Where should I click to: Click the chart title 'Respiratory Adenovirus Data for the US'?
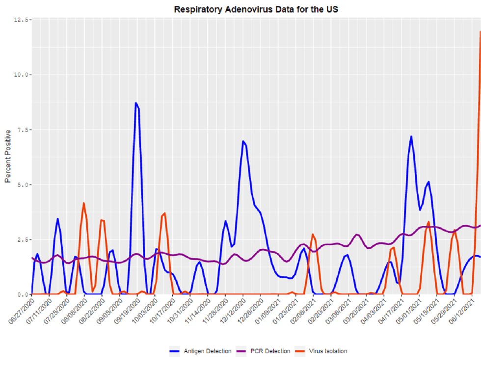coord(255,9)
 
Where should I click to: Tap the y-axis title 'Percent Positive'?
coord(7,156)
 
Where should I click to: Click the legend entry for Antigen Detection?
coord(203,351)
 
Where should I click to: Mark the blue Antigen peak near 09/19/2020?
coord(136,103)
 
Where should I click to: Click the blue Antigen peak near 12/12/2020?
coord(243,141)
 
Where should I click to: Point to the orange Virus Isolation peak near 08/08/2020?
coord(84,203)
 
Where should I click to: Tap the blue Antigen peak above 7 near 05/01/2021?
coord(411,136)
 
